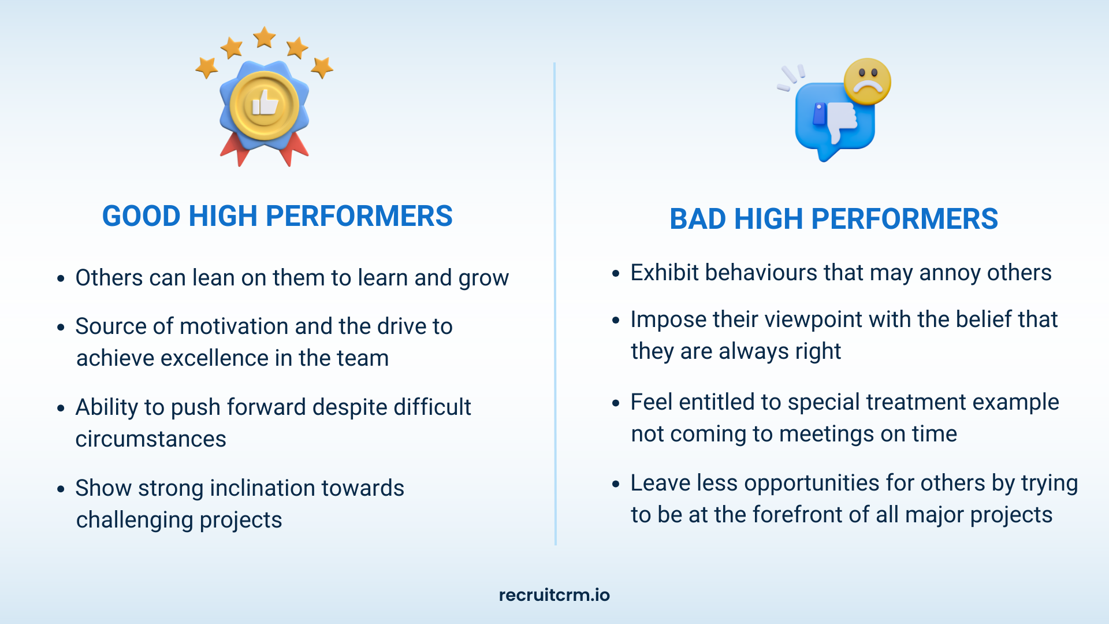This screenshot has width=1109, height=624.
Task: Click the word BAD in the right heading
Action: click(698, 219)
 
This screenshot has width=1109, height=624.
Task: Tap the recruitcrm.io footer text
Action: click(554, 595)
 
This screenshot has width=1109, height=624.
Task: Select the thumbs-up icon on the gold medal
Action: click(265, 103)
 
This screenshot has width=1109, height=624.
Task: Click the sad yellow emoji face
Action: click(867, 81)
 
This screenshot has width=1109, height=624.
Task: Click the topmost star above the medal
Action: click(265, 37)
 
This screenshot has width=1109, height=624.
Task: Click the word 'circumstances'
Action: click(151, 439)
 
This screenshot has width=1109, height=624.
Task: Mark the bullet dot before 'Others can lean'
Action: click(61, 278)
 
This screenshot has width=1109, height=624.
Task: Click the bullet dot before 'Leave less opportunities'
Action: click(616, 484)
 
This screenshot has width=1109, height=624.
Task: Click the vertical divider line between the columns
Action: click(554, 304)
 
